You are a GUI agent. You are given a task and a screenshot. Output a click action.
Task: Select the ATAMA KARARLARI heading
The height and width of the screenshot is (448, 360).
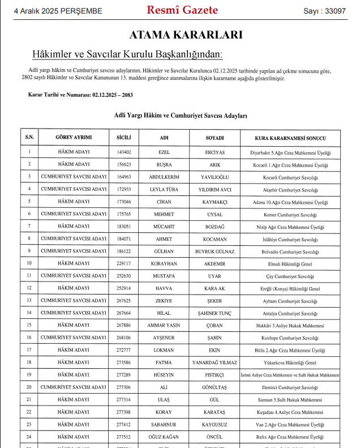click(x=186, y=35)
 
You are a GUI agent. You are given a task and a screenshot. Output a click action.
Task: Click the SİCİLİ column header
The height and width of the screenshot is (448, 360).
click(x=123, y=138)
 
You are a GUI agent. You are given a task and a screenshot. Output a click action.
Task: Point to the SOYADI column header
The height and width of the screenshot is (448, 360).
click(x=215, y=138)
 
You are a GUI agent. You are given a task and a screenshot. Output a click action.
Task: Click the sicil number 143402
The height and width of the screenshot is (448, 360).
click(x=123, y=152)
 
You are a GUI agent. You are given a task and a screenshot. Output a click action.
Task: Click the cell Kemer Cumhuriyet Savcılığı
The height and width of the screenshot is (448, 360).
click(x=290, y=215)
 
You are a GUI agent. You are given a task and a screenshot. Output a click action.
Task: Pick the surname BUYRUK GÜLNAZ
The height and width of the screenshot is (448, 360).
click(x=215, y=251)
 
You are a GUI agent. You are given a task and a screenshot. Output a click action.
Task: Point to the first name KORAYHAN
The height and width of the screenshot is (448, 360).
click(x=164, y=264)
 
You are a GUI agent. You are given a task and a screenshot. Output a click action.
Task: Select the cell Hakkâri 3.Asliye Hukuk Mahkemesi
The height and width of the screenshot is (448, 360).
click(x=290, y=326)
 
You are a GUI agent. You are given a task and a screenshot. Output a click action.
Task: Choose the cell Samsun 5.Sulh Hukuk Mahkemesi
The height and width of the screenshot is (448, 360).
click(x=290, y=400)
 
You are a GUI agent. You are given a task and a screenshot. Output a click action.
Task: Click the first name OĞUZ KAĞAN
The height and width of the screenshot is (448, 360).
click(x=164, y=437)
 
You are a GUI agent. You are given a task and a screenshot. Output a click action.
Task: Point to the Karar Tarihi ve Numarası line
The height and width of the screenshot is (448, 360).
click(x=80, y=95)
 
